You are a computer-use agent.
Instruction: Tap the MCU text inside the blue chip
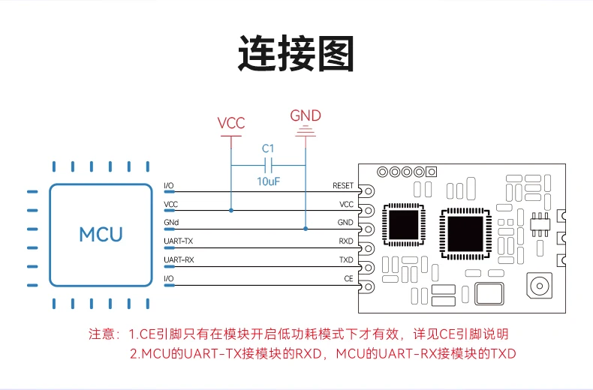(x=101, y=234)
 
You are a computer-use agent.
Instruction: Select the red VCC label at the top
(x=231, y=123)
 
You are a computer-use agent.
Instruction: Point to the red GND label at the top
(x=306, y=115)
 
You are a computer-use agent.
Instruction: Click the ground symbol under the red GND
(x=306, y=133)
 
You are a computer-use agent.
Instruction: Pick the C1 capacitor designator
(x=269, y=148)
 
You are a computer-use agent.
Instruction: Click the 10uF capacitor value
(x=269, y=181)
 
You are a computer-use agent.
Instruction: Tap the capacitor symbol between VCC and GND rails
(x=269, y=165)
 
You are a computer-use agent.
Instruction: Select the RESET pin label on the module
(x=342, y=185)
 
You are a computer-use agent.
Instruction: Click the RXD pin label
(x=346, y=241)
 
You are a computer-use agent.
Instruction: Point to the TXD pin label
(x=346, y=260)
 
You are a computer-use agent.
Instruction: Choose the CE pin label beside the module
(x=348, y=279)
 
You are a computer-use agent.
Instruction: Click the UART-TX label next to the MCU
(x=178, y=241)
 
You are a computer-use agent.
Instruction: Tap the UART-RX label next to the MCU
(x=178, y=260)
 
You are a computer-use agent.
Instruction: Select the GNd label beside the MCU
(x=171, y=223)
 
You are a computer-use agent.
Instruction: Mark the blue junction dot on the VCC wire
(x=231, y=211)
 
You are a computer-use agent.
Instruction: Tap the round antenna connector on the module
(x=539, y=286)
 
